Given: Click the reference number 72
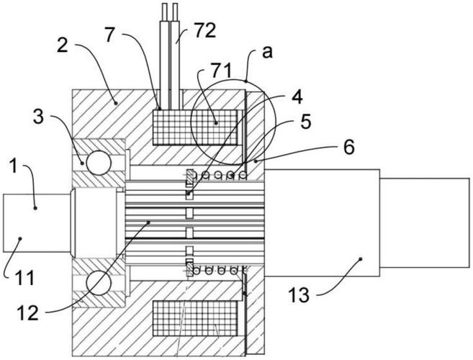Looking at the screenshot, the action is pos(205,31).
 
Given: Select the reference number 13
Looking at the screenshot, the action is pos(299,294).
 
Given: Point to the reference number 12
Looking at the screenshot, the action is pos(28,312).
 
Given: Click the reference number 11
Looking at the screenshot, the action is pos(24,278).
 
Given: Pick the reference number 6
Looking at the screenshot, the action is pos(349,148).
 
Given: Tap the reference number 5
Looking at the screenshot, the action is pos(305,122).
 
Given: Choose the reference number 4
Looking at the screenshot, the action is pos(297,96).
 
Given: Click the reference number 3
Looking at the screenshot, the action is pos(39,117).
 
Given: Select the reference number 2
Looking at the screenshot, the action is pos(63,45).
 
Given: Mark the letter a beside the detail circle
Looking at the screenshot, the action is pos(267,52).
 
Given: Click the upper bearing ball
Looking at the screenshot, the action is pos(99,162).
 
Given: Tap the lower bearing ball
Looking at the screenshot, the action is pos(99,283).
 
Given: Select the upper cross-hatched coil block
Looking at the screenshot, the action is pos(195,127).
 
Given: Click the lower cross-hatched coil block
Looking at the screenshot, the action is pos(195,318).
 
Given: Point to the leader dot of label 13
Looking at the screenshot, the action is pos(361,258).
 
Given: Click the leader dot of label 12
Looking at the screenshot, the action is pos(148,222).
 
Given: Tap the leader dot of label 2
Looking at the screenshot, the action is pos(115,103).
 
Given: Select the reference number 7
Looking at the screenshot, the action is pos(110,35).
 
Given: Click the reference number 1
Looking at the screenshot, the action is pos(14,166).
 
